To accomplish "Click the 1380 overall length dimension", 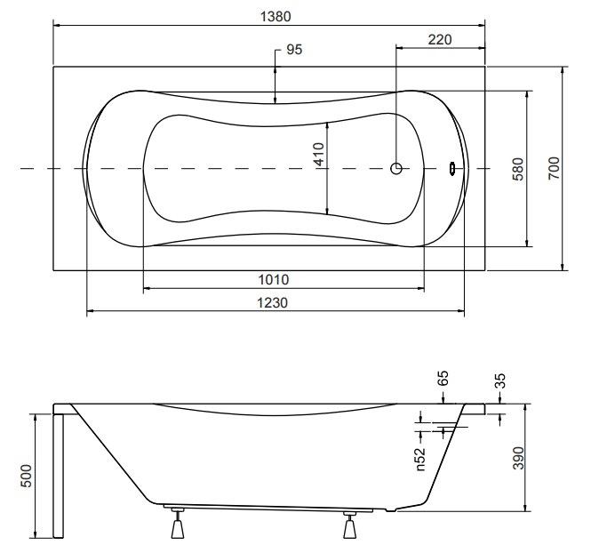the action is (x=276, y=17).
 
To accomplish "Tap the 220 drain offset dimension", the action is (x=440, y=40).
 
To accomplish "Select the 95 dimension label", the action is (x=294, y=50).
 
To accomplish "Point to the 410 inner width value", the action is (x=319, y=154).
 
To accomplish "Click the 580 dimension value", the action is (x=518, y=169).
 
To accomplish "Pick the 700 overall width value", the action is (x=554, y=168).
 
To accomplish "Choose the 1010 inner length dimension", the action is (x=274, y=280).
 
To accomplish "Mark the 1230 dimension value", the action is (x=273, y=302).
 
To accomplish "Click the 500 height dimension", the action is (x=26, y=476).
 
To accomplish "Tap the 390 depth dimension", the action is (x=519, y=458).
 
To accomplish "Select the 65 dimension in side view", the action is (x=443, y=378).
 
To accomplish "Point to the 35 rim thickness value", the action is (x=500, y=381).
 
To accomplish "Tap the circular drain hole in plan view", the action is (x=396, y=169).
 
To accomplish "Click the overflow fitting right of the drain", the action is (x=452, y=169).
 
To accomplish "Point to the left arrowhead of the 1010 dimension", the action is (x=147, y=288).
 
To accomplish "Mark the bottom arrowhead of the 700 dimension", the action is (x=563, y=267).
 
